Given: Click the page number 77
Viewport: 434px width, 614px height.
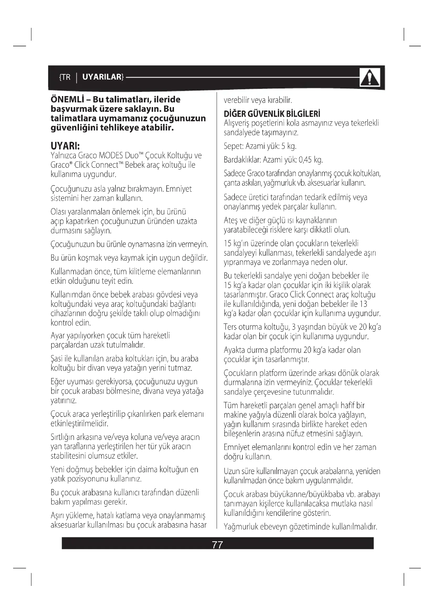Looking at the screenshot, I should tap(217, 545).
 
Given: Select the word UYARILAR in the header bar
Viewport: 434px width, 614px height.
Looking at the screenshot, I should tap(102, 77).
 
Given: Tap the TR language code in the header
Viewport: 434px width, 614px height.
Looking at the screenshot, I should tap(66, 77).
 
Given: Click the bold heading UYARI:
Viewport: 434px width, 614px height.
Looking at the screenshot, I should tap(65, 146).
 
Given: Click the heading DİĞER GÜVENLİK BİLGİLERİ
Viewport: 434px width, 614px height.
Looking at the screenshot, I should tap(272, 114).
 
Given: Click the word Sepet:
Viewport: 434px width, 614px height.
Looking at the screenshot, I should tap(234, 146).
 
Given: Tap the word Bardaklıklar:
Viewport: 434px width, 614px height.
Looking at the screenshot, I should tap(242, 160).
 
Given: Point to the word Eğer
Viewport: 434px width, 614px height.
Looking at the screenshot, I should tap(57, 382).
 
